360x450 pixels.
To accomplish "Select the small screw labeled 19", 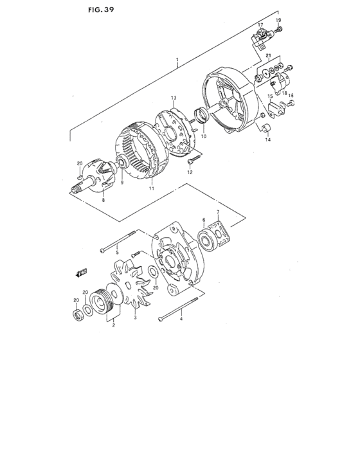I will (281, 30).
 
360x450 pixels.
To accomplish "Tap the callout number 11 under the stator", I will (152, 189).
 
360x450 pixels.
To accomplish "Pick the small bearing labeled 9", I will (122, 164).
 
